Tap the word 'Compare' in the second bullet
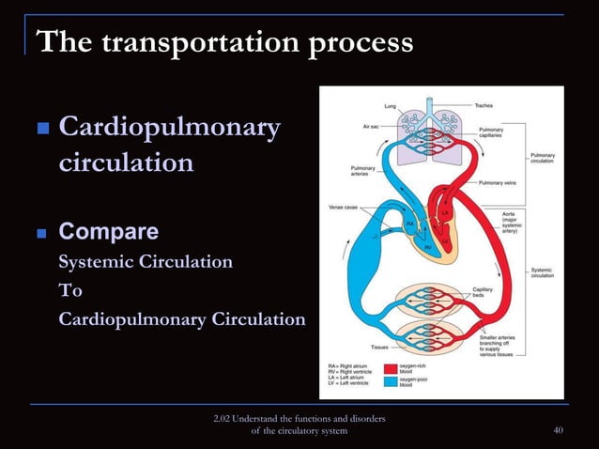[108, 232]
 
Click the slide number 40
[559, 430]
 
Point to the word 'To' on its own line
[70, 291]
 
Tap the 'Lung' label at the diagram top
[389, 104]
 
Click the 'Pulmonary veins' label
[497, 182]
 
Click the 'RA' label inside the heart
[409, 223]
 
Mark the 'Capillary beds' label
[488, 293]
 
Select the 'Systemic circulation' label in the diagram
[542, 272]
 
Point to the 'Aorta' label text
[508, 213]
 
